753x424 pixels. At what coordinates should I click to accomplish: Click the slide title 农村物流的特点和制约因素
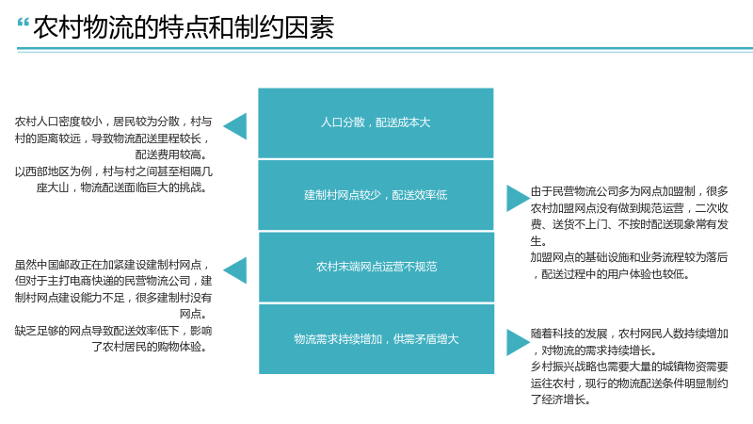184,27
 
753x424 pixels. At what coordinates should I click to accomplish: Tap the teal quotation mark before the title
23,23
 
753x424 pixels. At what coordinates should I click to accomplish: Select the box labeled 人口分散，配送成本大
376,122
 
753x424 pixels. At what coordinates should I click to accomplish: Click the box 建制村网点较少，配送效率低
376,195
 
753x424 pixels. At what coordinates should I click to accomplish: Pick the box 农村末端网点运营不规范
376,267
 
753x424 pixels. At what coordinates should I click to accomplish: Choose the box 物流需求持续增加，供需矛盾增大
376,339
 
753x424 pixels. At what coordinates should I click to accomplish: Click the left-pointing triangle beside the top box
235,126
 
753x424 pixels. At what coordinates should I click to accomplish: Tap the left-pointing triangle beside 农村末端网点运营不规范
235,270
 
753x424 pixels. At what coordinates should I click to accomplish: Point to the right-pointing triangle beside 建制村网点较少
519,198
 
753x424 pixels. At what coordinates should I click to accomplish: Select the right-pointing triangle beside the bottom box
519,342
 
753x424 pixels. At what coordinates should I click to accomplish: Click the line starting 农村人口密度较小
113,122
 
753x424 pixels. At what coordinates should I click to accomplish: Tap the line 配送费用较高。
171,155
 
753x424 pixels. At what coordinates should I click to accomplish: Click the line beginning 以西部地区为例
113,171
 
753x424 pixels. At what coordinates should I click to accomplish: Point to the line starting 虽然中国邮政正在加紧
113,265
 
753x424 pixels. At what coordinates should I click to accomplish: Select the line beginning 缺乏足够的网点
113,331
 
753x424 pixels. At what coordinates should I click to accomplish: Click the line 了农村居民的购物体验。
150,347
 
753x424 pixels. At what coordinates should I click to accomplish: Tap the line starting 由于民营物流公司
630,191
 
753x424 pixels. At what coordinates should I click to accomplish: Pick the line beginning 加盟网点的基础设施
629,257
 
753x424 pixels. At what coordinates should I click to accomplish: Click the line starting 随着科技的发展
630,334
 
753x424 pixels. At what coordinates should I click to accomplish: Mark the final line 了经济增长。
560,400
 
